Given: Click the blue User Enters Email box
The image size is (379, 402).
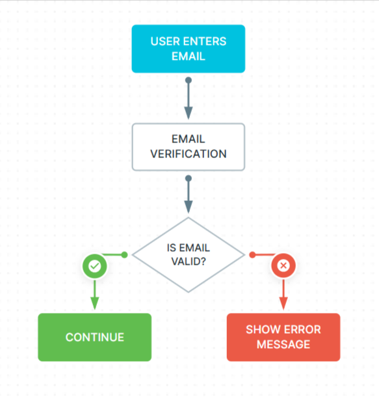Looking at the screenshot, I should coord(188,49).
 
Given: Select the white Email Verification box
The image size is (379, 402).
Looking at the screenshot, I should coord(188,147).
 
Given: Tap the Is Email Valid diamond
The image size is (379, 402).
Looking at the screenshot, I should coord(189,255).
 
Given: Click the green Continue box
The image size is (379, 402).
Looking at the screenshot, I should coord(94,337).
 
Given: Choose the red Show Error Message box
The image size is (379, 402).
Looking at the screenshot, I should coord(283,337).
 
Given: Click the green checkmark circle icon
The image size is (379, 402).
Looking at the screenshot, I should coord(94,265).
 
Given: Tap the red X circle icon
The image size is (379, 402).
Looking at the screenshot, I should coord(283,265).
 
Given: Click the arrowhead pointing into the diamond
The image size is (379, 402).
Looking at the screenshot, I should coord(189,207).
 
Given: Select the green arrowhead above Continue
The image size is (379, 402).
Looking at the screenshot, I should coord(94,302).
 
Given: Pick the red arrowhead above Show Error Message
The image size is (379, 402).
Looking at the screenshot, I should coord(283,302).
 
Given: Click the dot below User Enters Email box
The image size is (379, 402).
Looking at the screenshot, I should coord(189,81).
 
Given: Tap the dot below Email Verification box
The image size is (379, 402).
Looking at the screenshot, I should coord(189,178).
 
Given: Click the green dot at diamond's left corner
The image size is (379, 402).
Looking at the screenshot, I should coord(125,254).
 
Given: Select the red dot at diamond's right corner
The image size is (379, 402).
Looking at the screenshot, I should coord(252,254).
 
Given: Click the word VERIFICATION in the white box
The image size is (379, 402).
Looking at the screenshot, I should coord(189,154).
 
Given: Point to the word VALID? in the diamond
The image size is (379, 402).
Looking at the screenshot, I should coord(189,262).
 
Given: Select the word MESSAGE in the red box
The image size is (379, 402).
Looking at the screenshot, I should coord(283,344).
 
